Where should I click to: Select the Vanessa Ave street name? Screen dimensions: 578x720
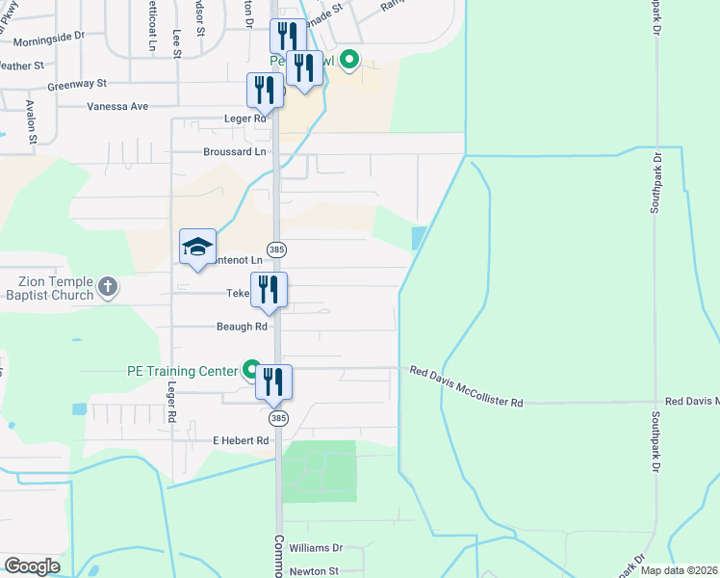pos(117,106)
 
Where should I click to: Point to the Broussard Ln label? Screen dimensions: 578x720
pos(234,152)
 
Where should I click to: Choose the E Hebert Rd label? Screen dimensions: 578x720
pos(240,440)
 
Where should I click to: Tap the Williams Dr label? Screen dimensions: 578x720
pos(316,547)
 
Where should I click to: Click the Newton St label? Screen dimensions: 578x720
pos(316,570)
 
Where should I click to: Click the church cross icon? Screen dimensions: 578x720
pos(108,286)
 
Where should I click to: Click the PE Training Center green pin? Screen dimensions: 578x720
pos(252,370)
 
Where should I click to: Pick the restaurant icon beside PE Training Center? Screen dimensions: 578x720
pos(273,381)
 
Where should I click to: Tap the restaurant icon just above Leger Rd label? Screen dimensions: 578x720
pos(265,90)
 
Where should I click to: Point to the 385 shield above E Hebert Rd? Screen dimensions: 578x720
pos(278,418)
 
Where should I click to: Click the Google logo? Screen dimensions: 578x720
pos(32,566)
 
